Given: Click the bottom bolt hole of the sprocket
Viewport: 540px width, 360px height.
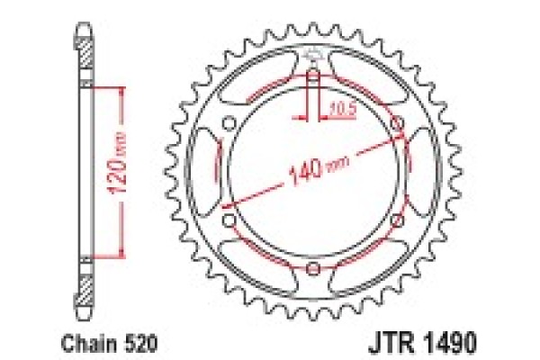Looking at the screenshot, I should coord(312,268).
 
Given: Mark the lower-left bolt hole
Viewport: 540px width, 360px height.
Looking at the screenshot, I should coord(229,220).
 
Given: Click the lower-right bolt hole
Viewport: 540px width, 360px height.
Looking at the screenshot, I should coord(397,220).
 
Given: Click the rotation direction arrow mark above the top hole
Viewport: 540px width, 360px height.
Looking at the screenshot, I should coord(312,56).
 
